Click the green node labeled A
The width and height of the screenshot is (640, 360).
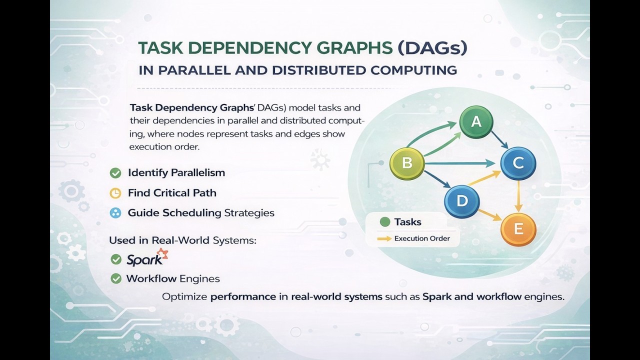(476, 121)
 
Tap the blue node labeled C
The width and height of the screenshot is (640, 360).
(518, 163)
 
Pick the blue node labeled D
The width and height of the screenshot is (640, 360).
(462, 201)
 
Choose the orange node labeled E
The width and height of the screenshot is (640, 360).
(518, 229)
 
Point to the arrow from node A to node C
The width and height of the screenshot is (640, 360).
(499, 140)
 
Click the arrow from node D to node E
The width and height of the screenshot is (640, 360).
(490, 215)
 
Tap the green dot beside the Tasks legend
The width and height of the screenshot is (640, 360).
(384, 222)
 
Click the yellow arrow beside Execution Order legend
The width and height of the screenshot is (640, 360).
(384, 238)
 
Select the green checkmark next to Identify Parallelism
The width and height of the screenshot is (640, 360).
(115, 173)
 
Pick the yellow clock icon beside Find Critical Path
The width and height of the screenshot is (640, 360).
(115, 193)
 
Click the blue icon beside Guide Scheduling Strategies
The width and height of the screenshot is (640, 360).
(115, 213)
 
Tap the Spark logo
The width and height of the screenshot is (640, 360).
(146, 258)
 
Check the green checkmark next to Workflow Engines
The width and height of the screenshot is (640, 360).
(116, 278)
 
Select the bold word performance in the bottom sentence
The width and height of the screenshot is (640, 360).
(243, 296)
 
